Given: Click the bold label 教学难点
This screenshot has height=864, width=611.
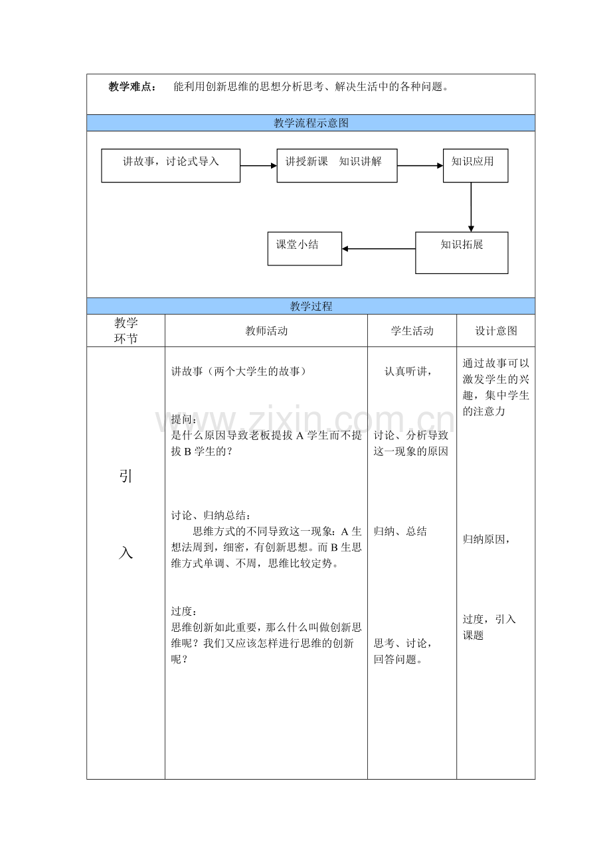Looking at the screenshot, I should coord(133,86).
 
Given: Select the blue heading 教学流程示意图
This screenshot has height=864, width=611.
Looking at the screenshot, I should coord(311,123).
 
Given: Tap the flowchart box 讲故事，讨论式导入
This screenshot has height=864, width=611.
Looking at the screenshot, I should coord(171,165).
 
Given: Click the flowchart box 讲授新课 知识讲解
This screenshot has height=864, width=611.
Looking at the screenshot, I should coord(337,165).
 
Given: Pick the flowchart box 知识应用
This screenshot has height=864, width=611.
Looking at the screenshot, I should coord(475,165).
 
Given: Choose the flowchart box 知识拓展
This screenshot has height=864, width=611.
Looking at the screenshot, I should coord(462,252).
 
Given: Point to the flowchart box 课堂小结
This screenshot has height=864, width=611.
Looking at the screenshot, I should coord(304,248).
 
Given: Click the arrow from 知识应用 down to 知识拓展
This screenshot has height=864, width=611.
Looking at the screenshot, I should coord(471,206).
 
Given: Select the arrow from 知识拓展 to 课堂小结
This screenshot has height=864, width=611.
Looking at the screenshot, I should coord(379,249).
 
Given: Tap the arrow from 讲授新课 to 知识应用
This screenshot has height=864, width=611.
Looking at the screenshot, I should coord(420,165).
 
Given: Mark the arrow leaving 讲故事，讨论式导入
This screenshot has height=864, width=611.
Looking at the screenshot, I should coord(258,165).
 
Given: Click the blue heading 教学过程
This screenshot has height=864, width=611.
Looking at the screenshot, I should coord(311,306).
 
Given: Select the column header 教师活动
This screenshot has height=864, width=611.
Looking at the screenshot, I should coord(266,330).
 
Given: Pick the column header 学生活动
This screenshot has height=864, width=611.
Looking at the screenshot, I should coord(412,330).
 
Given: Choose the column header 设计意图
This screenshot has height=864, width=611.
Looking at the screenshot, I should coord(495,330).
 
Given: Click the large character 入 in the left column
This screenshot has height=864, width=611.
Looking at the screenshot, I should coord(126,552).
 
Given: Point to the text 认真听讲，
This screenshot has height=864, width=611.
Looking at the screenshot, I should coord(408,372).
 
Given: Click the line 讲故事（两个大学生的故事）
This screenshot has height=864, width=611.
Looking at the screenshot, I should coord(239,372).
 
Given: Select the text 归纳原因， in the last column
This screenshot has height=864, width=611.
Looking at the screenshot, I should coord(486,540).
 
